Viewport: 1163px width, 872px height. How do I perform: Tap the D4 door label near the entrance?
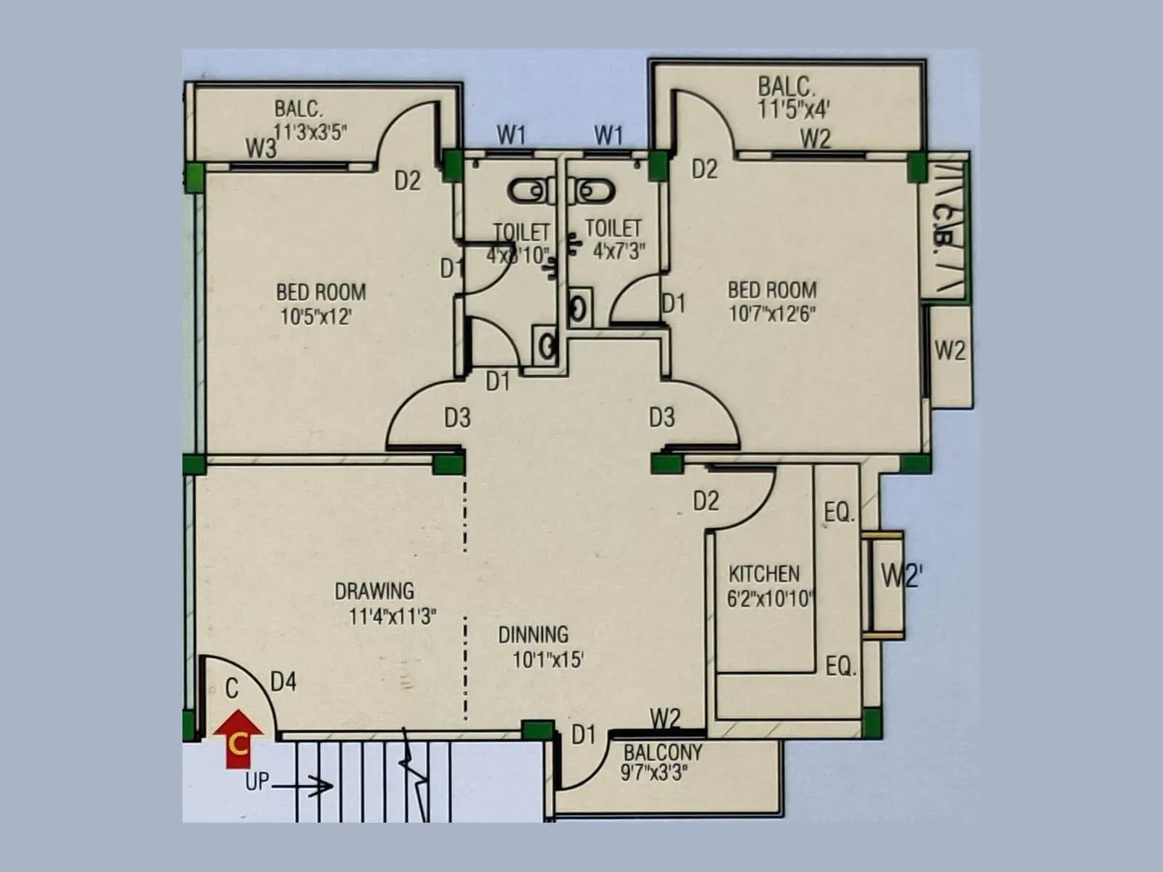click(x=283, y=682)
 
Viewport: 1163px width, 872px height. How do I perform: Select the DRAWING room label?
click(x=374, y=591)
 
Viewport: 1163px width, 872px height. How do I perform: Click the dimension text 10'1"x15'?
click(x=548, y=660)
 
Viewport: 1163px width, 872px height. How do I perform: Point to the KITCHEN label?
click(x=764, y=574)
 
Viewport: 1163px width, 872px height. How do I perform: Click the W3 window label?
click(x=261, y=149)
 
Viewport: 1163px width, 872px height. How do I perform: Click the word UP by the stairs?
click(x=257, y=782)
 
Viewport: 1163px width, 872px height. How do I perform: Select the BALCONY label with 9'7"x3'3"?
click(x=663, y=752)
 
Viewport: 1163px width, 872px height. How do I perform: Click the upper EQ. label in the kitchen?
click(x=839, y=513)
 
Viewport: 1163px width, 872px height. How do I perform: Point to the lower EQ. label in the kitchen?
click(x=841, y=666)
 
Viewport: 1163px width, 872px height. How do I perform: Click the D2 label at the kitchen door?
click(x=705, y=501)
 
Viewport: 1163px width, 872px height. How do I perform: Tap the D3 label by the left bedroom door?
click(x=457, y=418)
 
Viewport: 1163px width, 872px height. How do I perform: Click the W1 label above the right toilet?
click(x=608, y=135)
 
